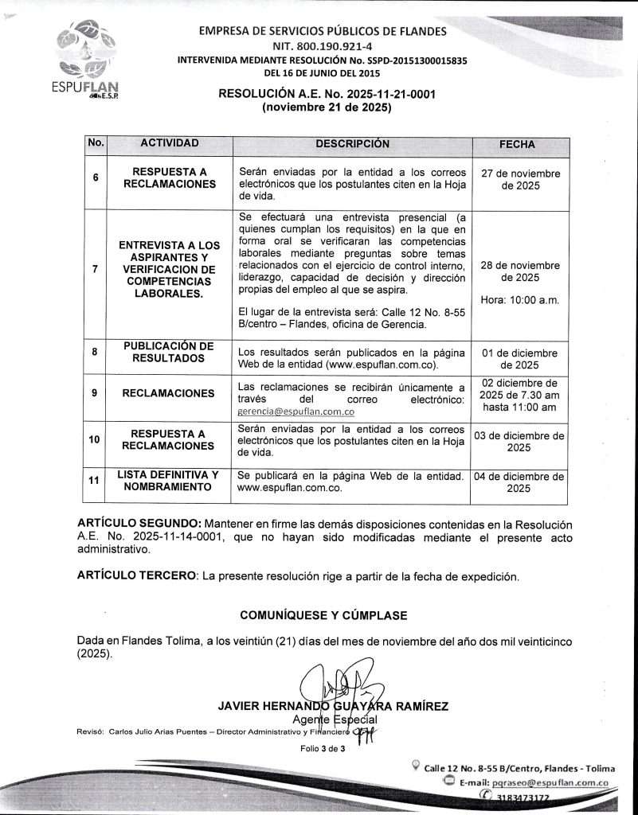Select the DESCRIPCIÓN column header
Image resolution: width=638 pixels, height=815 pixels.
click(352, 144)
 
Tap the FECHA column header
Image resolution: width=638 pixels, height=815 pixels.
click(517, 145)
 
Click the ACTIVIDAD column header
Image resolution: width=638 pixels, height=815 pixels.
click(170, 144)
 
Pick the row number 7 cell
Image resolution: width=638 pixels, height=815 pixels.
click(96, 269)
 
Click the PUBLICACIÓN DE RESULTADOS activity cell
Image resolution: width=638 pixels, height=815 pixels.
click(169, 352)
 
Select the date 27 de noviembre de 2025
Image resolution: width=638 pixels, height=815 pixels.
click(520, 180)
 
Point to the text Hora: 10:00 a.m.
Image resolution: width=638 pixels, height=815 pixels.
click(520, 300)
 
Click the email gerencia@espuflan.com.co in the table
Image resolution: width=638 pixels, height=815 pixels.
click(296, 412)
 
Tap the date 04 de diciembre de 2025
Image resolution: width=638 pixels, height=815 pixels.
click(519, 482)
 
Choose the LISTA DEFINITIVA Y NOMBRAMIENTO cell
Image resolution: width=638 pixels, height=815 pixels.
click(168, 481)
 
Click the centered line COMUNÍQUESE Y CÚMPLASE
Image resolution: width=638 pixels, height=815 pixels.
click(323, 615)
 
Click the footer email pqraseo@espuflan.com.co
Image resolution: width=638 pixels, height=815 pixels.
click(550, 783)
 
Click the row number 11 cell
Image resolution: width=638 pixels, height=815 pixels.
click(96, 482)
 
